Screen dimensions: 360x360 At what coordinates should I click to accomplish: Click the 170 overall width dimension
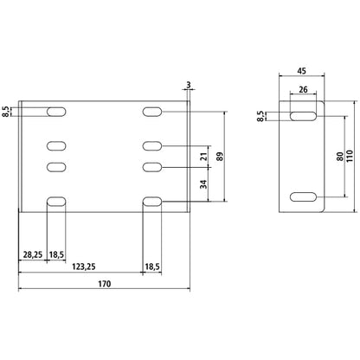(105, 284)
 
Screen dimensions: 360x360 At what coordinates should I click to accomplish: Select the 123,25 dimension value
(84, 267)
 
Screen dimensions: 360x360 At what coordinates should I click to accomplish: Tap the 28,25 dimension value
(33, 254)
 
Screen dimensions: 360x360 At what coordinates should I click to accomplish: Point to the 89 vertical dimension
(222, 157)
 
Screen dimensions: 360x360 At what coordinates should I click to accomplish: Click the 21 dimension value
(204, 157)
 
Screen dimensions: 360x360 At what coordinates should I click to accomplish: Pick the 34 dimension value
(204, 184)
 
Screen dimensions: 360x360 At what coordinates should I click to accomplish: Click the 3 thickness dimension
(189, 85)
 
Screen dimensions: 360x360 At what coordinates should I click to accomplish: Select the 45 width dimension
(301, 71)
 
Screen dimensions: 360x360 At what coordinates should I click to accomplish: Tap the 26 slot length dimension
(303, 89)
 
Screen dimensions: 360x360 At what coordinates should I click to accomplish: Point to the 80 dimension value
(340, 157)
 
